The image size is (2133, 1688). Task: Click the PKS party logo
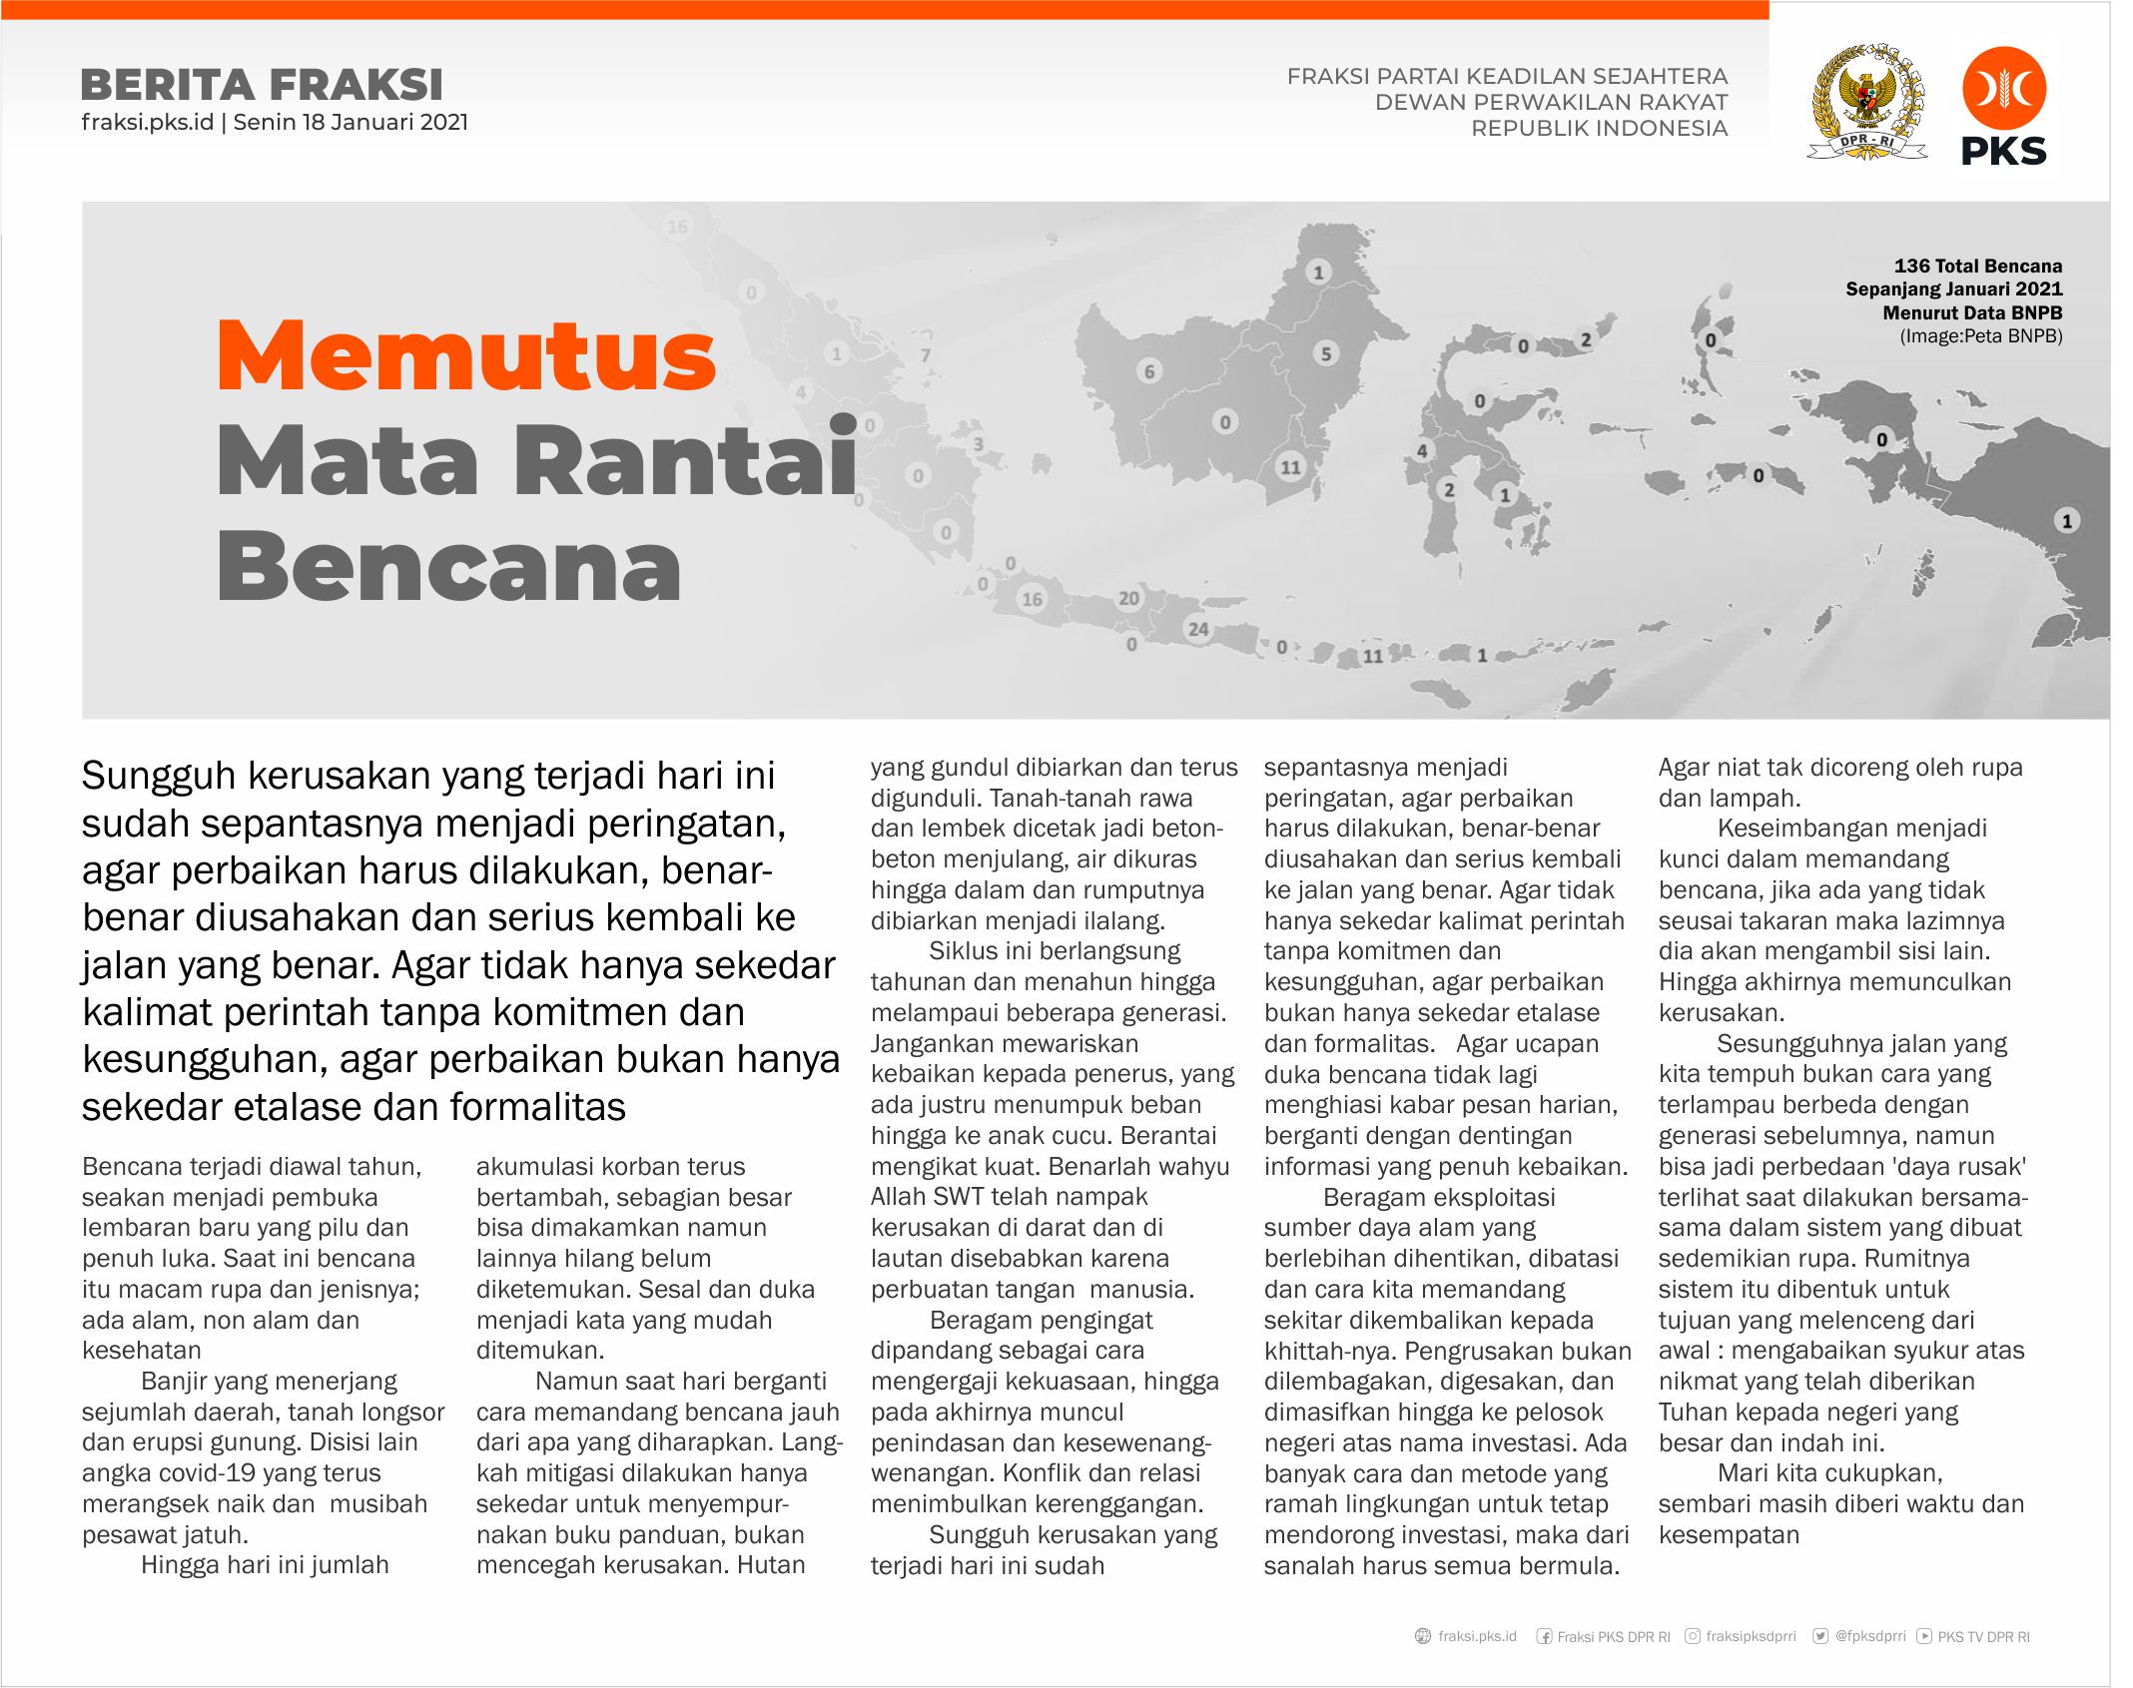coord(2003,106)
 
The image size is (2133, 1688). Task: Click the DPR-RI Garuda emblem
coord(1866,102)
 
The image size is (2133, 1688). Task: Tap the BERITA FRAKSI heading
coord(262,85)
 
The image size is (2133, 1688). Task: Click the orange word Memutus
coord(466,356)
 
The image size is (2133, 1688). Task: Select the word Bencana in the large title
coord(449,566)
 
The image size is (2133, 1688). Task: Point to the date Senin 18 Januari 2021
coord(351,123)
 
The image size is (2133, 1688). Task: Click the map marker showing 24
coord(1197,629)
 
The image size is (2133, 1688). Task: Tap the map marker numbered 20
coord(1128,598)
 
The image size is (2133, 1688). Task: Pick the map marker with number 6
coord(1149,371)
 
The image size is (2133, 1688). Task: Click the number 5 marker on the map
coord(1326,353)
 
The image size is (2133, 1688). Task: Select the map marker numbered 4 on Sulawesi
coord(1422,450)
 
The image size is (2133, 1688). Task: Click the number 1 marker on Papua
coord(2067,520)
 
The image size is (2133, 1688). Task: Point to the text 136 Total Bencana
coord(1977,267)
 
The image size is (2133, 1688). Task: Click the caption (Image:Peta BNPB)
coord(1980,336)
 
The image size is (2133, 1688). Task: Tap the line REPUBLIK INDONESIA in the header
coord(1599,129)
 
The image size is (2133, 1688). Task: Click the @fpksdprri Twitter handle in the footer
coord(1869,1636)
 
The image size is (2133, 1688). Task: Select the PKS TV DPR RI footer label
coord(1983,1637)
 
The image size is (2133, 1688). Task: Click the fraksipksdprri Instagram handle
coord(1751,1636)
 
